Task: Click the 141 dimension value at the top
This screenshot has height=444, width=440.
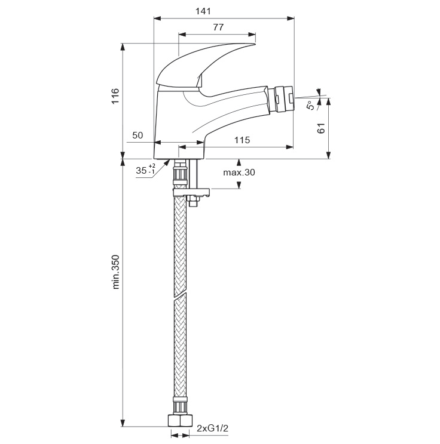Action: pyautogui.click(x=203, y=11)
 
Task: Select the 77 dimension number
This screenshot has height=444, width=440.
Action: pyautogui.click(x=218, y=27)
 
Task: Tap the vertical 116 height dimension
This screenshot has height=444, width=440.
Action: pyautogui.click(x=115, y=95)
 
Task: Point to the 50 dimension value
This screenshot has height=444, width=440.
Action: pyautogui.click(x=137, y=135)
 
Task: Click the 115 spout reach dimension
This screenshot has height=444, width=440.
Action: pyautogui.click(x=242, y=140)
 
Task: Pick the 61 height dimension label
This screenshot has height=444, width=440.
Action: pyautogui.click(x=321, y=128)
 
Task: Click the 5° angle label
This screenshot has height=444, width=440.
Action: pyautogui.click(x=311, y=106)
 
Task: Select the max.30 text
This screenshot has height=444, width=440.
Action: pyautogui.click(x=239, y=172)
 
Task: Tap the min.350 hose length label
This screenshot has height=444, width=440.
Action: pyautogui.click(x=116, y=272)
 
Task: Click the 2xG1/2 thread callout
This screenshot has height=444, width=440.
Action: pyautogui.click(x=212, y=428)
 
